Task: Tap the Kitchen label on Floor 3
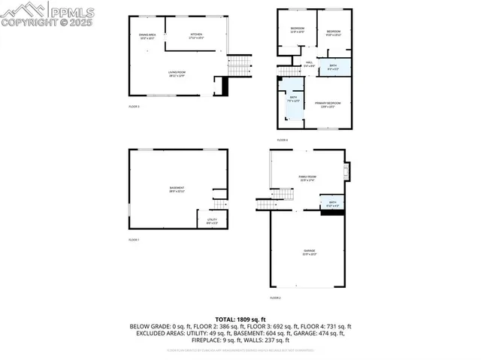point(196,35)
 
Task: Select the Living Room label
point(177,73)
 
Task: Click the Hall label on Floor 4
point(309,64)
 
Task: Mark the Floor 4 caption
point(283,140)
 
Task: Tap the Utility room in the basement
point(213,220)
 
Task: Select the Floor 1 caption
point(134,239)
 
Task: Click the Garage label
point(309,252)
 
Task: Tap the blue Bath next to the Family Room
point(331,204)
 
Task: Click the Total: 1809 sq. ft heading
point(240,319)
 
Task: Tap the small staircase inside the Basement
point(219,204)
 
